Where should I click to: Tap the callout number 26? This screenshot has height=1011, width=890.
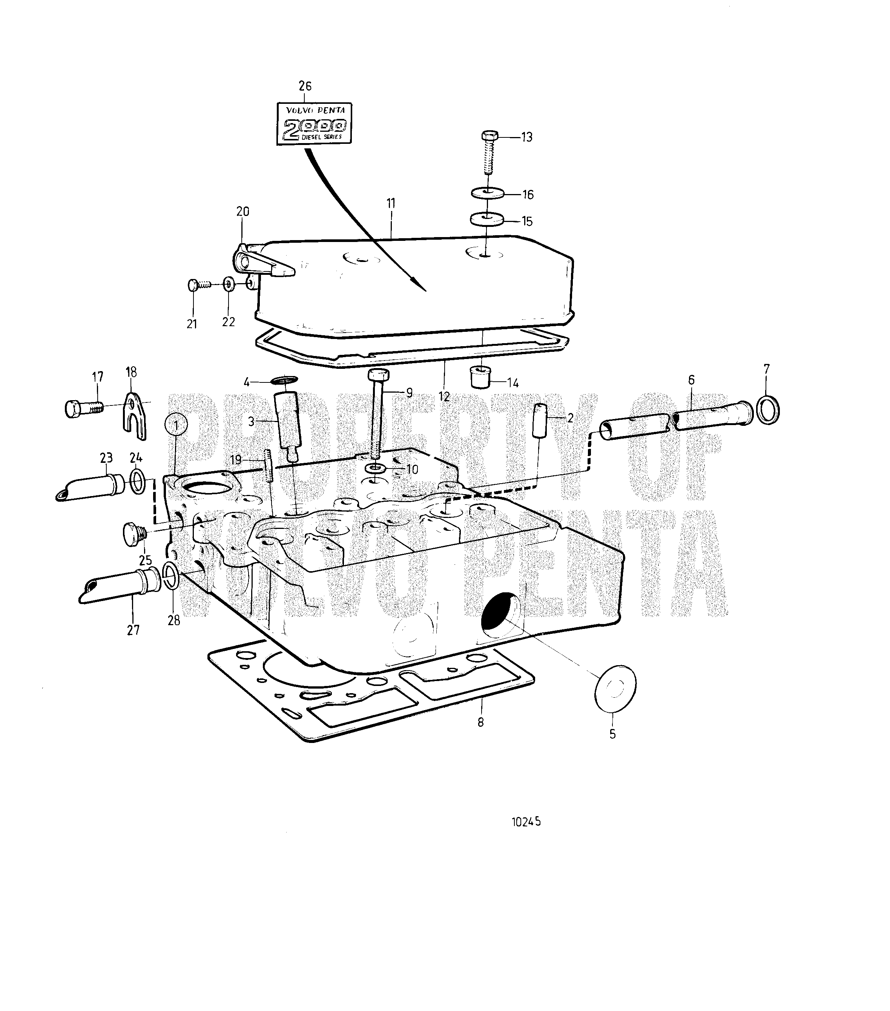[305, 86]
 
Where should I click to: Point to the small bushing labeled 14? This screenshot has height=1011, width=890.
[480, 378]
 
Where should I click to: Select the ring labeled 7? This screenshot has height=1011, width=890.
[767, 410]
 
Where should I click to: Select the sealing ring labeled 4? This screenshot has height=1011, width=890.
[285, 380]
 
